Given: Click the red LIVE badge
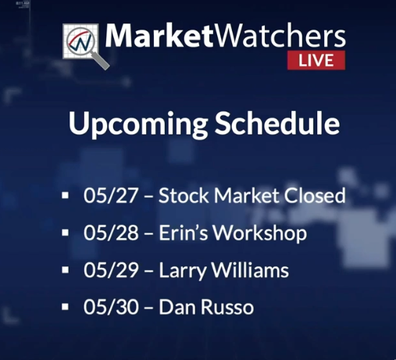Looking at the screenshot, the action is (x=316, y=60).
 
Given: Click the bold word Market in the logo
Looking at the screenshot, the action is (x=159, y=36).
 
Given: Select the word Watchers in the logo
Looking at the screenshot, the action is (x=280, y=36).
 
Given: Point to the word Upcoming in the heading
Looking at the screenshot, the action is (x=137, y=124).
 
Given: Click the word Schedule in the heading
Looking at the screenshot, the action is (x=277, y=123).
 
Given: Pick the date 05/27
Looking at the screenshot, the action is (x=111, y=195).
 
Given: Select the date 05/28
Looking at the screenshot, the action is (x=111, y=233).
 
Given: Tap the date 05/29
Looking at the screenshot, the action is (x=111, y=270).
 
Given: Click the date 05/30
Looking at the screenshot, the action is (x=111, y=307).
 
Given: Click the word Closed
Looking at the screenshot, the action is (x=315, y=195).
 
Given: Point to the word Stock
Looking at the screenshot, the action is (x=184, y=195).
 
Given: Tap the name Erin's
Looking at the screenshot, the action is (x=184, y=233).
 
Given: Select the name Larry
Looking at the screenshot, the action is (x=183, y=272).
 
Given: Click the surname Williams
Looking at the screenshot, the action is (x=250, y=270).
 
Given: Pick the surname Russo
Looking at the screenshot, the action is (x=227, y=307).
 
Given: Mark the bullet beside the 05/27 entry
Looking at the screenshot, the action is (x=66, y=195).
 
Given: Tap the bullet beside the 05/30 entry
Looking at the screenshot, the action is (x=66, y=307).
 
